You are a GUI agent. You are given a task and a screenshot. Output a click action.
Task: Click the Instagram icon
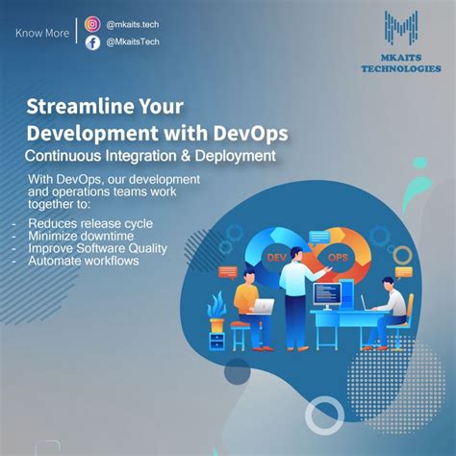[x=92, y=24]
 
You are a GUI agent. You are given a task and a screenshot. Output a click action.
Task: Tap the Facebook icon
[x=92, y=42]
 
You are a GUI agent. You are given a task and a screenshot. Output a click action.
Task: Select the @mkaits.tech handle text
[x=134, y=24]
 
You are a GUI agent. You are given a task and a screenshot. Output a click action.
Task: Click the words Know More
[x=41, y=34]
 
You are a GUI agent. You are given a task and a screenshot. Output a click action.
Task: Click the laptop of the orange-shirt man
[x=261, y=306]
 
